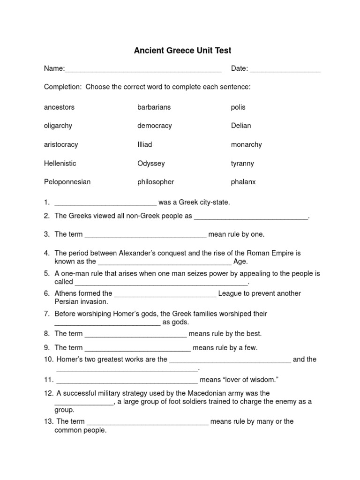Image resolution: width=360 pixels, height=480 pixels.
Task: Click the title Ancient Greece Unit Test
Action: pyautogui.click(x=180, y=50)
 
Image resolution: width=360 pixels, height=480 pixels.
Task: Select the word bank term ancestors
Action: pyautogui.click(x=59, y=107)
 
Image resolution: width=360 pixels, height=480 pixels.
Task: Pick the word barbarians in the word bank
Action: pyautogui.click(x=154, y=107)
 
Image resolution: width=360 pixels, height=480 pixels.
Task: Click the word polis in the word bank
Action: pyautogui.click(x=238, y=107)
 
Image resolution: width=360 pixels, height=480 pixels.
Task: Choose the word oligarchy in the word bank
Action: pyautogui.click(x=58, y=126)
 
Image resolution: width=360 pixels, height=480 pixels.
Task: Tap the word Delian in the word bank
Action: pyautogui.click(x=241, y=126)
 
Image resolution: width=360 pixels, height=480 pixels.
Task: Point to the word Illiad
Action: pyautogui.click(x=144, y=144)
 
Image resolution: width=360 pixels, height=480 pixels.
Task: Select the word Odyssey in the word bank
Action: pyautogui.click(x=151, y=163)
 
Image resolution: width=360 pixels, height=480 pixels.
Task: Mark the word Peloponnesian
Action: pyautogui.click(x=67, y=182)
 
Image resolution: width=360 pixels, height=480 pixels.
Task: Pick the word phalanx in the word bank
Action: pyautogui.click(x=243, y=182)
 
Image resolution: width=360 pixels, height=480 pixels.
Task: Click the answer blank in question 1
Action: pyautogui.click(x=105, y=203)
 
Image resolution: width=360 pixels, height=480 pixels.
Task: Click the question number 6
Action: pyautogui.click(x=47, y=293)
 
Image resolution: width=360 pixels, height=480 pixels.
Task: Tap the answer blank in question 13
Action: pyautogui.click(x=148, y=422)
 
